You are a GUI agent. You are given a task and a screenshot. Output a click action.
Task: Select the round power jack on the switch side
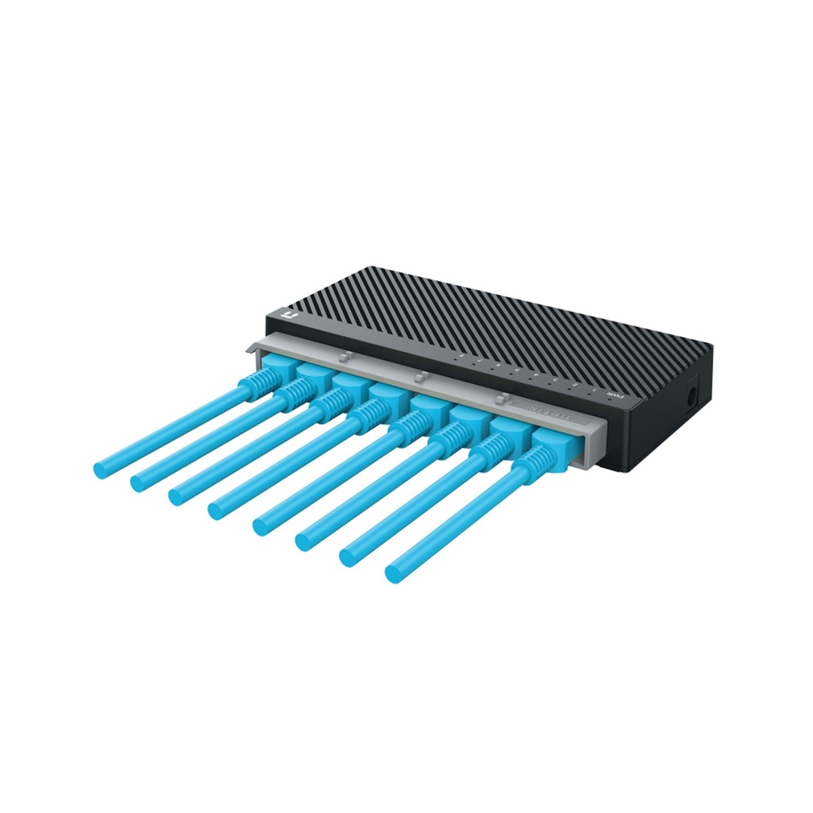click(x=693, y=395)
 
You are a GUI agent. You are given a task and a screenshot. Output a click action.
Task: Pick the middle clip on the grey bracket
click(x=422, y=376)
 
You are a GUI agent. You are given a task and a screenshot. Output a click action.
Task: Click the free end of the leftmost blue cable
click(x=101, y=468)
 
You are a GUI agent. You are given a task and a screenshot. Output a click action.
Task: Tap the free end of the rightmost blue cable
click(x=393, y=572)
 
